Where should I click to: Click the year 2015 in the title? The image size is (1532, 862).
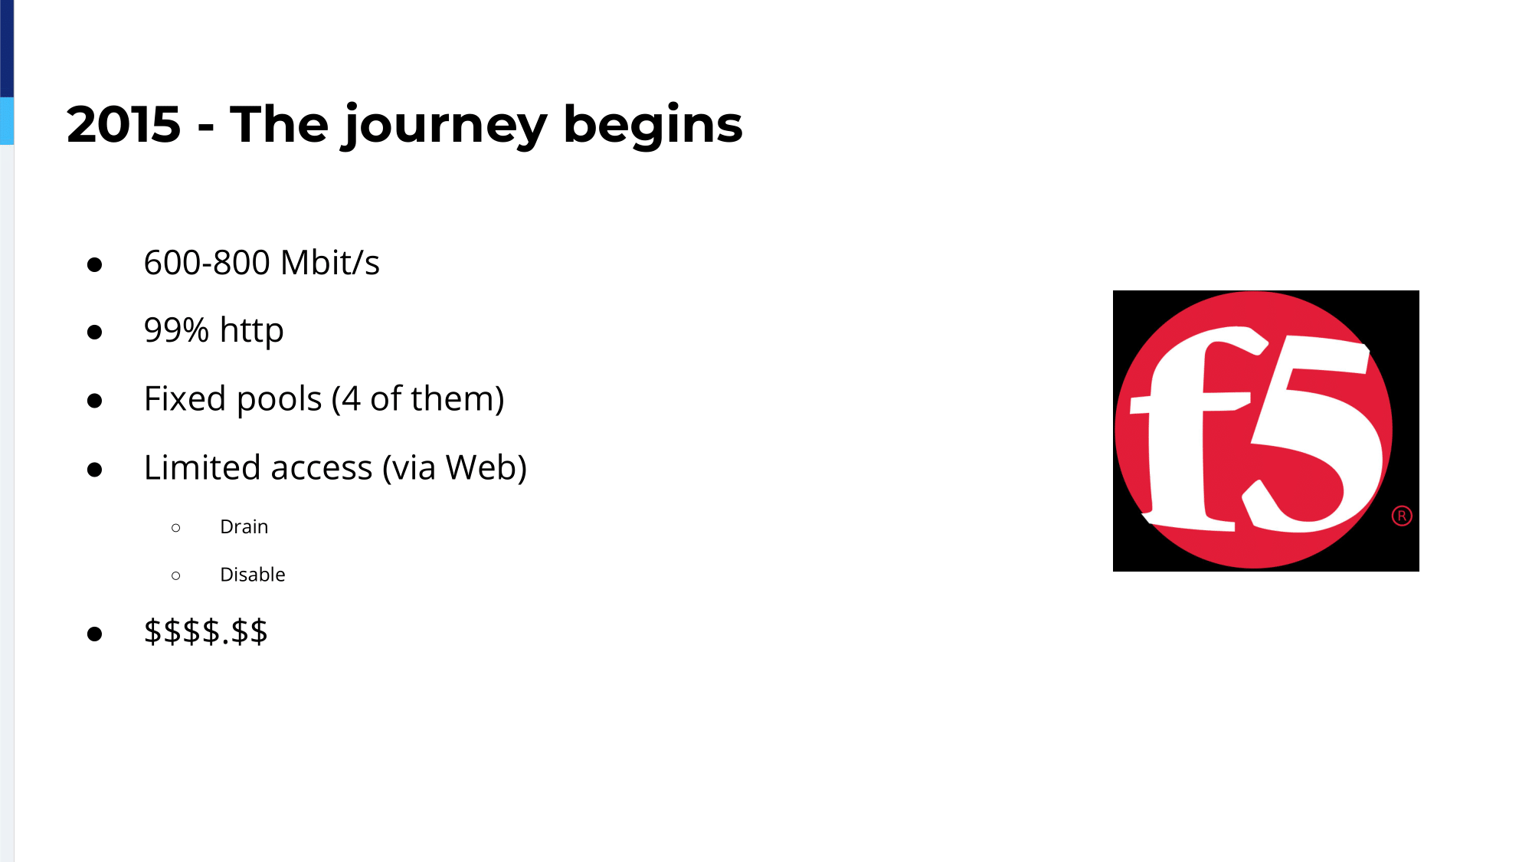click(x=124, y=124)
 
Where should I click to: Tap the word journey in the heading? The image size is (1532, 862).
click(x=444, y=126)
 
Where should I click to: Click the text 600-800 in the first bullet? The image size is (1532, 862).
click(x=206, y=263)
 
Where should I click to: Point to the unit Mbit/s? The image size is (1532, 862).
click(x=330, y=262)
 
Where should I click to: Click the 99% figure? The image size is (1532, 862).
click(x=176, y=330)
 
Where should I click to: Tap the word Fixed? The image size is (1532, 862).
click(x=185, y=398)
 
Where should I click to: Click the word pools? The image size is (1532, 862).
click(x=280, y=400)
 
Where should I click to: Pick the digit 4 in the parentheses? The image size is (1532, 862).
click(x=351, y=399)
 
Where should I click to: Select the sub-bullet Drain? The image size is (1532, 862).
click(x=244, y=527)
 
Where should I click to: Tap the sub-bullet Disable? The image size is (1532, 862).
click(x=253, y=575)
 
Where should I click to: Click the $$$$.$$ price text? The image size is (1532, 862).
click(x=206, y=632)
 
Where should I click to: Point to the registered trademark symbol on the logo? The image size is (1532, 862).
click(x=1402, y=516)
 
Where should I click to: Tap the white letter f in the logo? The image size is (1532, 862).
click(x=1195, y=429)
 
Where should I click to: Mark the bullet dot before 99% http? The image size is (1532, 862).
click(x=95, y=333)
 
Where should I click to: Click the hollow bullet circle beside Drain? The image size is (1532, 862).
click(x=176, y=528)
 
